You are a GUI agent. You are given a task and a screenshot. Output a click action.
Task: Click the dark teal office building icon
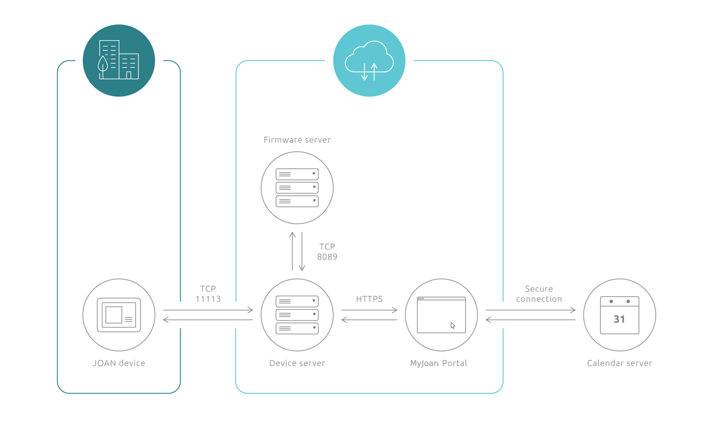[x=119, y=60]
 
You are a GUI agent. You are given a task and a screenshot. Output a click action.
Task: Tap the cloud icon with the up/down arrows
[x=369, y=60]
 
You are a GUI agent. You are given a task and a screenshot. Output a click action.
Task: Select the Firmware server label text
[x=297, y=140]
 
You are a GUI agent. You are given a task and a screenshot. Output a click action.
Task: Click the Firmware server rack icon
[x=297, y=188]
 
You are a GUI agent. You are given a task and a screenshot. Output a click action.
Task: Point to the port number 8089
[x=327, y=257]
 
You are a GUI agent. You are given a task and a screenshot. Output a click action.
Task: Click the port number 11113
[x=208, y=299]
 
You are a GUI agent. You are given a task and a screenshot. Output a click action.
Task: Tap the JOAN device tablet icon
[x=119, y=315]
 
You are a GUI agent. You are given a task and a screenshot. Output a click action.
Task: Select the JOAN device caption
[x=118, y=363]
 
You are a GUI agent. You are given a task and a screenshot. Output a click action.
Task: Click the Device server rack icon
[x=297, y=315]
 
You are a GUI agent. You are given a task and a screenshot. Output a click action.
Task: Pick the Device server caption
[x=297, y=363]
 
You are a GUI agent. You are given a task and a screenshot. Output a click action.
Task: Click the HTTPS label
[x=369, y=299]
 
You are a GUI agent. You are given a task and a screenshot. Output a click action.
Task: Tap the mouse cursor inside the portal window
[x=453, y=326]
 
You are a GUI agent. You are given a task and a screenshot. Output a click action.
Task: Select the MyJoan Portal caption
[x=438, y=363]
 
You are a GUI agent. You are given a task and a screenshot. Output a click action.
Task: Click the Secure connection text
[x=539, y=294]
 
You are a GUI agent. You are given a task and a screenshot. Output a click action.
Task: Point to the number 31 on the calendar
[x=619, y=319]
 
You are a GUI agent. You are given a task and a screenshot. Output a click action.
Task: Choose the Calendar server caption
[x=619, y=363]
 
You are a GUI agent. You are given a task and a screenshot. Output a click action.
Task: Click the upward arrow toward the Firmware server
[x=292, y=251]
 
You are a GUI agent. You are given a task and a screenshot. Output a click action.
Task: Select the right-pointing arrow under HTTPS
[x=369, y=310]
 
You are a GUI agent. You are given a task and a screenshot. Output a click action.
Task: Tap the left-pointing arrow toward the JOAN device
[x=208, y=320]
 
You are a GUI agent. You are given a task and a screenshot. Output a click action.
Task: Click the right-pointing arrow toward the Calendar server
[x=530, y=310]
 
